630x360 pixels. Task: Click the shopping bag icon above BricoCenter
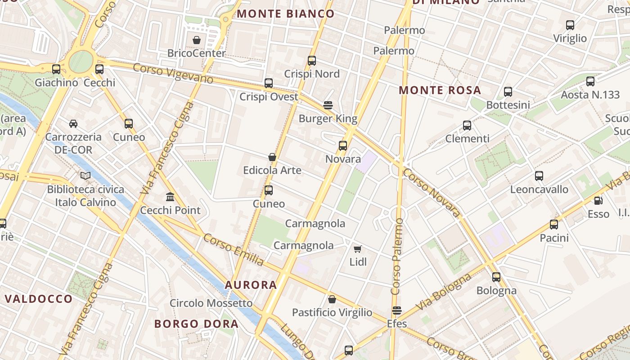(x=197, y=40)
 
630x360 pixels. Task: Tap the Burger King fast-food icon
(x=328, y=105)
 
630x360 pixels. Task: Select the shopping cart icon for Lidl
(x=358, y=249)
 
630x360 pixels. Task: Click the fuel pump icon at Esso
(x=598, y=201)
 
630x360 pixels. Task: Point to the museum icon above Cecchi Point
(x=170, y=197)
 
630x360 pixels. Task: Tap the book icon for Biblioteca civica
(x=85, y=175)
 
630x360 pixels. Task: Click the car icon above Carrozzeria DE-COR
(x=73, y=123)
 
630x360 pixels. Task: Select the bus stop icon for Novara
(x=343, y=145)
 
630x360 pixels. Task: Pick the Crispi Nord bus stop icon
(x=312, y=60)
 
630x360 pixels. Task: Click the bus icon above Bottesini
(x=508, y=91)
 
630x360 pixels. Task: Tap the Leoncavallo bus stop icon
(x=539, y=176)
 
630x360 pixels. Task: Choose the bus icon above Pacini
(x=554, y=224)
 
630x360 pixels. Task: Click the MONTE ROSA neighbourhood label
(x=440, y=90)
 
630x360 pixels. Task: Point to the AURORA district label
(x=251, y=285)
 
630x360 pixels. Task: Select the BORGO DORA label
(x=196, y=324)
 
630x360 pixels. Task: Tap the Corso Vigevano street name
(x=173, y=73)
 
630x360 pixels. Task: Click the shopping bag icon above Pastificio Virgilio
(x=332, y=299)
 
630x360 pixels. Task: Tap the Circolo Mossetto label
(x=211, y=303)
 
